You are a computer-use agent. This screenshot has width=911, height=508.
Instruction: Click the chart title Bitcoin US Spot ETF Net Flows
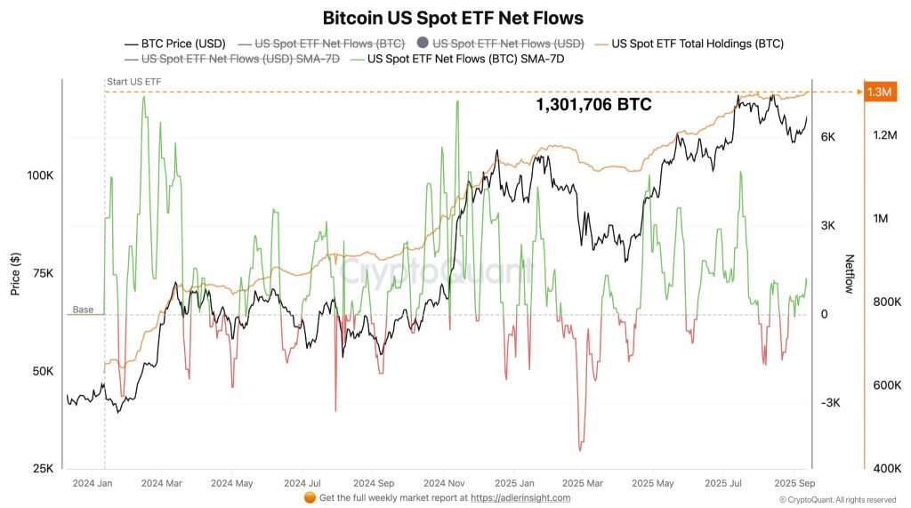(453, 17)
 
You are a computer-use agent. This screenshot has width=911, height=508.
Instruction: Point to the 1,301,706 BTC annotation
(593, 105)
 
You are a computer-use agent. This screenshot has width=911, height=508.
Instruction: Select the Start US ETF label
(133, 82)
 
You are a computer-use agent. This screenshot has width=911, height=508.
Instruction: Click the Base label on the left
(83, 310)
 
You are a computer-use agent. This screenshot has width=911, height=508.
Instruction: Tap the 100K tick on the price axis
(40, 175)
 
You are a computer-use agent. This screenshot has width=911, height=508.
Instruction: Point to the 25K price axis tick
(43, 469)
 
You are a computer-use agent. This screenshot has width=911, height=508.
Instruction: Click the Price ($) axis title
(15, 273)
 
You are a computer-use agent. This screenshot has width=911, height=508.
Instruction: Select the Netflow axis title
(849, 273)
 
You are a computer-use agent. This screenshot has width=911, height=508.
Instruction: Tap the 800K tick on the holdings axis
(887, 302)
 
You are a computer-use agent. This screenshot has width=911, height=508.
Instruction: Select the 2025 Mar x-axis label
(581, 484)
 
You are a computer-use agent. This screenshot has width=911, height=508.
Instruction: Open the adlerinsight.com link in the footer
(520, 498)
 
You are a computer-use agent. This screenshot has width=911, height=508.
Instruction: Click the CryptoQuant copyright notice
(837, 500)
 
